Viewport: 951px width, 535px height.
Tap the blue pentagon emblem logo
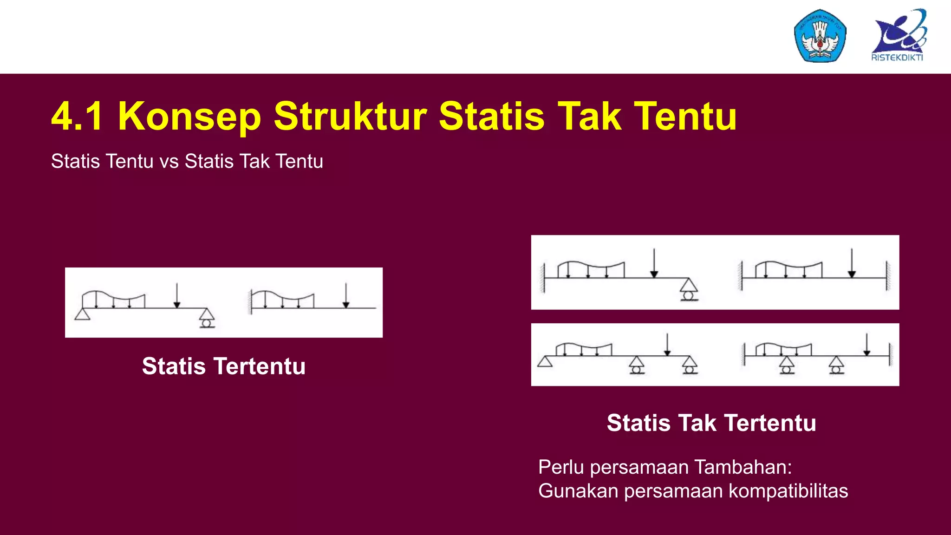click(x=820, y=36)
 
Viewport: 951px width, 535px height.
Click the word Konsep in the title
click(x=189, y=116)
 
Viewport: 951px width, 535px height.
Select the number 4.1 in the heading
click(x=77, y=116)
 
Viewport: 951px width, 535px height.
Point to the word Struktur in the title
click(x=350, y=116)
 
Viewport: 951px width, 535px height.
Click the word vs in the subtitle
click(x=169, y=162)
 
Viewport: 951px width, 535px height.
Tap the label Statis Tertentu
click(x=224, y=366)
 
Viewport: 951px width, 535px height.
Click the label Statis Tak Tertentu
click(x=711, y=423)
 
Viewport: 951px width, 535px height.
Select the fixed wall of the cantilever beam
click(x=250, y=302)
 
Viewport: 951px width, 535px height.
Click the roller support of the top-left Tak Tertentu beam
click(x=689, y=290)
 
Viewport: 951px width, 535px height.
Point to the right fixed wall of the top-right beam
click(x=888, y=276)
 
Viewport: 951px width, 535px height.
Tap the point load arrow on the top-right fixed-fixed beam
click(x=852, y=262)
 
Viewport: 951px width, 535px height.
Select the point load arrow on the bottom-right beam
click(x=866, y=344)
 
